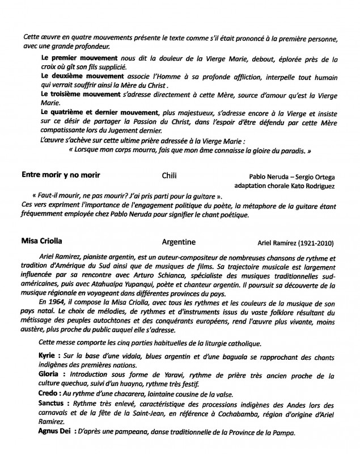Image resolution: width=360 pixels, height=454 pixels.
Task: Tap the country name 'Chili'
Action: tap(170, 175)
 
